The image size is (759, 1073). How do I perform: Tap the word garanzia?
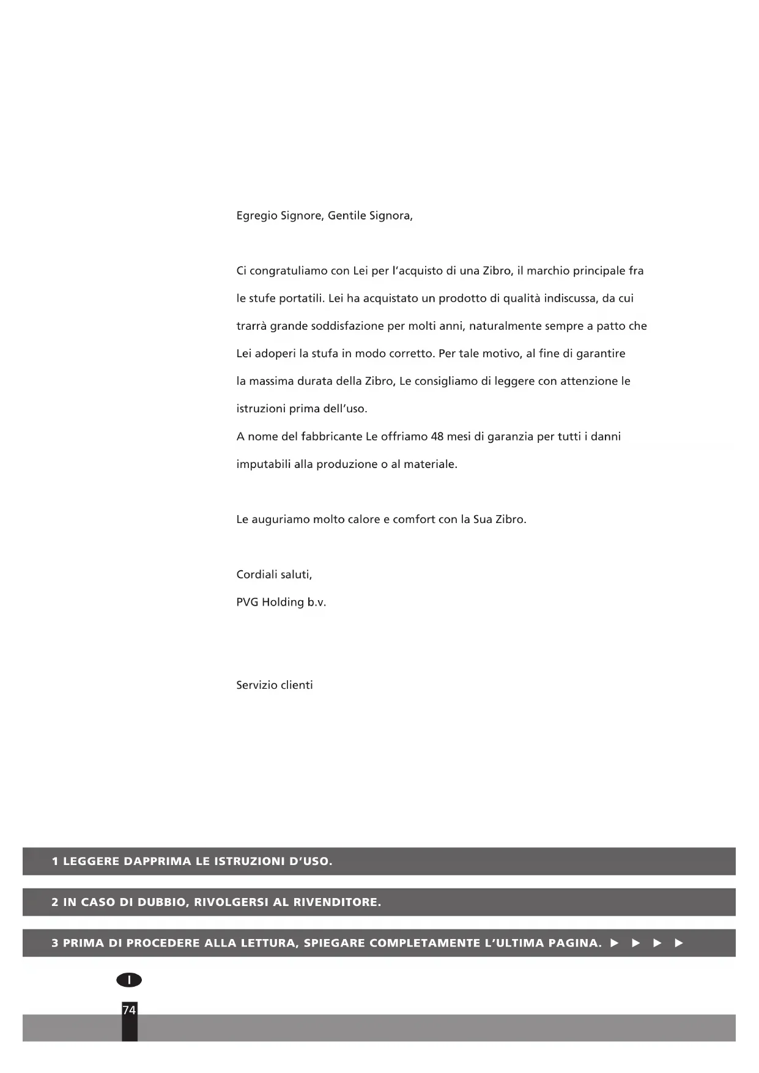click(511, 437)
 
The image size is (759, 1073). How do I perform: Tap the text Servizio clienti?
click(275, 685)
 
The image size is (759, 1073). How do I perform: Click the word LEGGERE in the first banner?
click(91, 861)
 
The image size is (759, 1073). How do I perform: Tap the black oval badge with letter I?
click(129, 980)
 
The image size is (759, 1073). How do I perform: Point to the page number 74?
click(129, 1010)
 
